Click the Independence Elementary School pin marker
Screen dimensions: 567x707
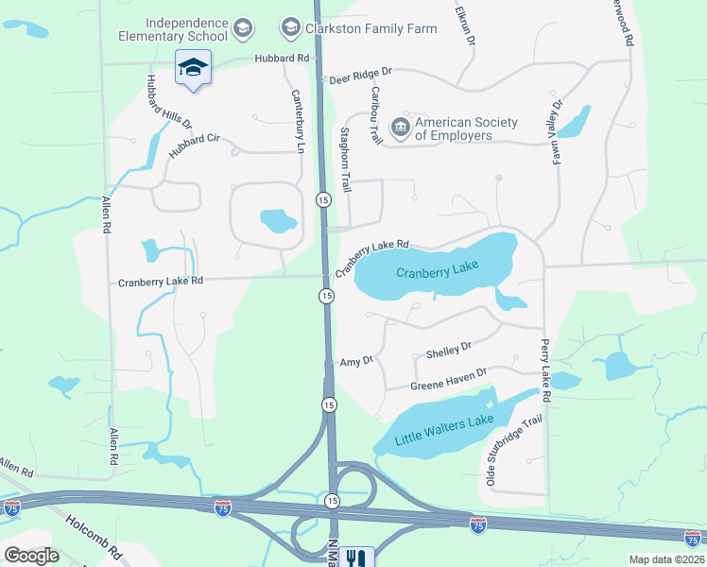(193, 68)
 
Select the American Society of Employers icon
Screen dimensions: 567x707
(400, 127)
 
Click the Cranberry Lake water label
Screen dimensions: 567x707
(438, 271)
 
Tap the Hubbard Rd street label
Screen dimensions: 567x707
(282, 59)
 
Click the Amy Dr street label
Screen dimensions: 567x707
(357, 361)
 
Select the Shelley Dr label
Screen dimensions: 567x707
(448, 350)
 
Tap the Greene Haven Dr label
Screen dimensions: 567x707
(448, 379)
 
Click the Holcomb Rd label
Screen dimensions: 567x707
(94, 535)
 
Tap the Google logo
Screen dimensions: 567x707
(31, 556)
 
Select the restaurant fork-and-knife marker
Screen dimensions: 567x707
(356, 558)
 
